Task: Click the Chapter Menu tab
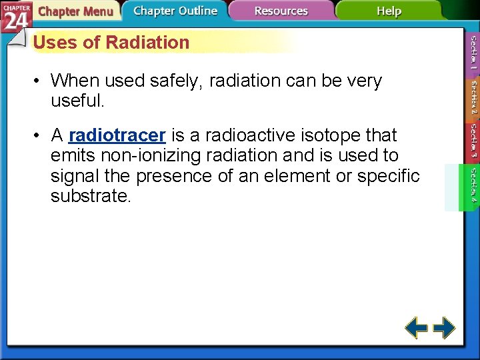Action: (75, 11)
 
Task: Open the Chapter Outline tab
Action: (175, 11)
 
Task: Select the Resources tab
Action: (281, 11)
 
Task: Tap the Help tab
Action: (389, 11)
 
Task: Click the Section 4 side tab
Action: (473, 186)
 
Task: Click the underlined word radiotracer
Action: (117, 135)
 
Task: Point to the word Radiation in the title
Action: (147, 43)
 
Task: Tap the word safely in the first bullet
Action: (179, 81)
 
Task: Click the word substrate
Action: (91, 197)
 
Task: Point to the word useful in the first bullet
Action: (75, 102)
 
